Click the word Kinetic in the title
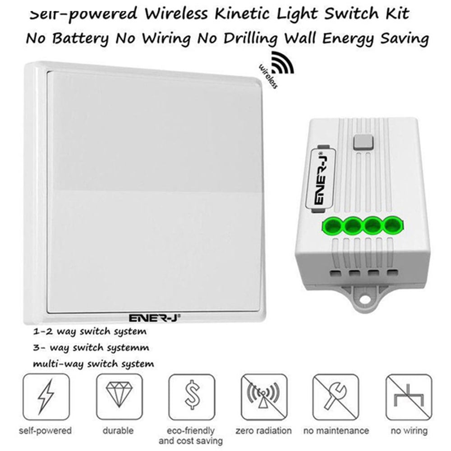coord(243,14)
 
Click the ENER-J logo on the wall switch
coord(154,318)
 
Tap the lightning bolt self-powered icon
coord(46,397)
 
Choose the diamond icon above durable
coord(120,397)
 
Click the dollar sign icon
coord(192,397)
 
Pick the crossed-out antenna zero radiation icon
coord(264,397)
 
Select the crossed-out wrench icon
coord(336,397)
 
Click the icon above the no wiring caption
coord(409,397)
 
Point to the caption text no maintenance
coord(336,431)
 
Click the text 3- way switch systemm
coord(91,348)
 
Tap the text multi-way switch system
coord(93,364)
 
